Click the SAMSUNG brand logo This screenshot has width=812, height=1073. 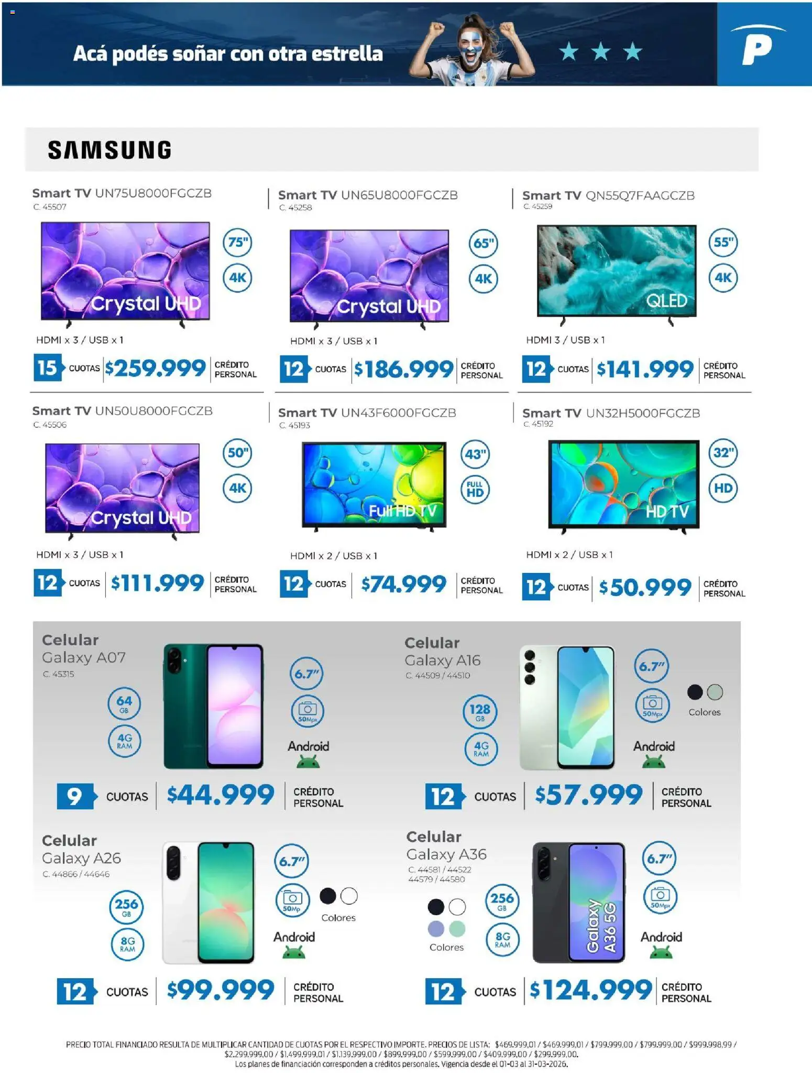(x=109, y=150)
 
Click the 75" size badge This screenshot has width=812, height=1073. (x=238, y=242)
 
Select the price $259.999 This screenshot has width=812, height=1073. (x=155, y=368)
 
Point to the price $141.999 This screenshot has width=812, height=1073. (x=645, y=370)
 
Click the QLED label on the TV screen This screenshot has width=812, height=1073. (x=666, y=300)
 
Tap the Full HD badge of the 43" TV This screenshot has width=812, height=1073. (x=475, y=489)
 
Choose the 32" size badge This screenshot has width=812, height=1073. (x=723, y=452)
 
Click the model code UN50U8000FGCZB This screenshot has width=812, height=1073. (x=153, y=411)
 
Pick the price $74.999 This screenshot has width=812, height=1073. (x=403, y=584)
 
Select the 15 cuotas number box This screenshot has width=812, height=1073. (x=48, y=367)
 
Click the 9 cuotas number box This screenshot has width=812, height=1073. (x=76, y=796)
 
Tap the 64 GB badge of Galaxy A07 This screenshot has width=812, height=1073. (x=124, y=703)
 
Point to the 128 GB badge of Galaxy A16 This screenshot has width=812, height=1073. (x=480, y=712)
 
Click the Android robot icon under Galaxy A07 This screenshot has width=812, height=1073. (x=308, y=763)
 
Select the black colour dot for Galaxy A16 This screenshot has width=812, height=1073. (x=695, y=692)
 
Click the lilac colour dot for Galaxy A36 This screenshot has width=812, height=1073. (x=436, y=929)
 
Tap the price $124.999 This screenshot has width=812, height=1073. (x=590, y=990)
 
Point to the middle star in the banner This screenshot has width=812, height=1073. (x=601, y=51)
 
